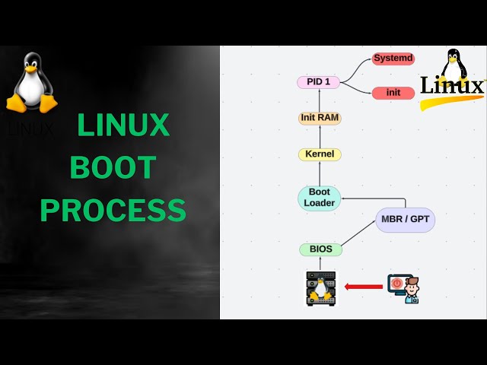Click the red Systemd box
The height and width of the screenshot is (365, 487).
tap(393, 59)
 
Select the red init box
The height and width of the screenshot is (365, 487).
tap(393, 93)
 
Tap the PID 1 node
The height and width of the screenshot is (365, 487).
tap(318, 82)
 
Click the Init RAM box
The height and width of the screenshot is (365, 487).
tap(319, 118)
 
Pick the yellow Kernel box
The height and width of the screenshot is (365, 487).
tap(320, 154)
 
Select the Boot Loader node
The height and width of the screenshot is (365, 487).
tap(319, 198)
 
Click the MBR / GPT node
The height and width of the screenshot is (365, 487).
tap(406, 220)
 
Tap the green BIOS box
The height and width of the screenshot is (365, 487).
tap(320, 249)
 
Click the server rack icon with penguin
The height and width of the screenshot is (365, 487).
tap(320, 288)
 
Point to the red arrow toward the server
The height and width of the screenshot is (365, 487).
tap(363, 287)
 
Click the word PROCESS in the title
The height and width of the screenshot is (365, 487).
tap(113, 210)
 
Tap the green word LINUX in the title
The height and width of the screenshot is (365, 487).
tap(123, 125)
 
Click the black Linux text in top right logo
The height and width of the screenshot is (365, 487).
tap(452, 85)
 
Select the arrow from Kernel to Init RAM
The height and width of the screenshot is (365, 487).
tap(320, 136)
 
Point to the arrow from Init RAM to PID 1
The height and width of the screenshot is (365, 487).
tap(320, 100)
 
